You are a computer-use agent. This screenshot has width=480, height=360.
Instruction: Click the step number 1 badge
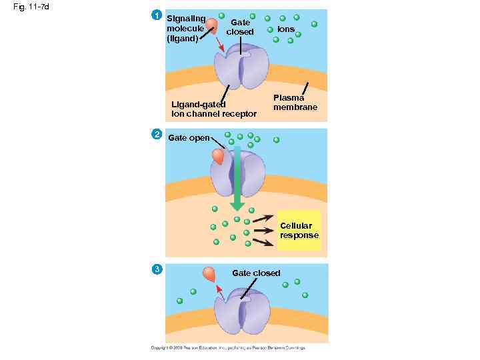(x=156, y=15)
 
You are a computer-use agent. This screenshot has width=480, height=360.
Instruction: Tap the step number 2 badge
(x=156, y=135)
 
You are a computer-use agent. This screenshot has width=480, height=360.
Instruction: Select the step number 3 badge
(x=156, y=269)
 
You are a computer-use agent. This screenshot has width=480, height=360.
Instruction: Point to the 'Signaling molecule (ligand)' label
(x=185, y=29)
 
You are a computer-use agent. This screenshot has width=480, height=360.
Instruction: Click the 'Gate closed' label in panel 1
(x=240, y=27)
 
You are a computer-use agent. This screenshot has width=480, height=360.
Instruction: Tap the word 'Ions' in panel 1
(x=286, y=30)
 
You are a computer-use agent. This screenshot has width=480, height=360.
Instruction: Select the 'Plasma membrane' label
(x=295, y=103)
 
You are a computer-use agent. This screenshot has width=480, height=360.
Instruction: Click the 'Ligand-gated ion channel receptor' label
(x=213, y=109)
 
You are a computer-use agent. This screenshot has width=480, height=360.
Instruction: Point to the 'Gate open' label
(x=189, y=138)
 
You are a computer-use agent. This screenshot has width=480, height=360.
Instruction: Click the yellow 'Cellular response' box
(x=299, y=231)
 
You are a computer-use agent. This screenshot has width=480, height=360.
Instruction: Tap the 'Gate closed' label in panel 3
(x=256, y=273)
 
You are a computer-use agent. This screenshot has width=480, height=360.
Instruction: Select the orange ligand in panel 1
(x=212, y=25)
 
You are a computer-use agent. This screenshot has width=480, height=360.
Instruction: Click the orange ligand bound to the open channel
(x=218, y=157)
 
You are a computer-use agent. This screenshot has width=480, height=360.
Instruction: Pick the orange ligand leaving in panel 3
(x=209, y=273)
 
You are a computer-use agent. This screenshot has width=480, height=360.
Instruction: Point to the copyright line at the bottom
(x=227, y=348)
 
